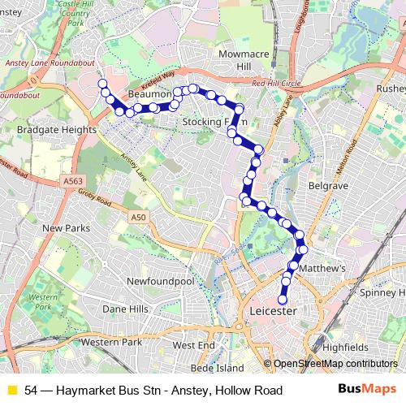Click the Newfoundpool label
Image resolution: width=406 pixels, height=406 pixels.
(160, 281)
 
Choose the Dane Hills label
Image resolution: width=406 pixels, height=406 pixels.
(125, 309)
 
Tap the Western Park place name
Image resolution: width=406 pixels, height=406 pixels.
(111, 343)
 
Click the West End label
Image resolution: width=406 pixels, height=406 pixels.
(194, 345)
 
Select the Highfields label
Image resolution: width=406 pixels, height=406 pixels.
(339, 346)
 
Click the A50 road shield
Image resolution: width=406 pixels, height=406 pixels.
(139, 218)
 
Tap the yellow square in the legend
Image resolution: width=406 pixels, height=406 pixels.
(11, 391)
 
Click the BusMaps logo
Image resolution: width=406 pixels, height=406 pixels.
(367, 390)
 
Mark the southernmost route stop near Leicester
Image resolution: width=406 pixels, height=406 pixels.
(283, 300)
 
